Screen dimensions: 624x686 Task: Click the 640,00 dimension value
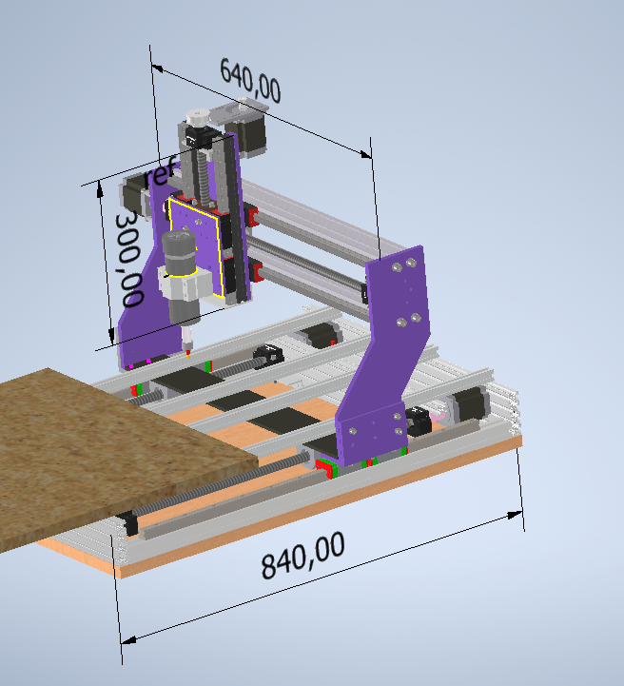[x=249, y=81]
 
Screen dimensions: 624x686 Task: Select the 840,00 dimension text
[x=302, y=555]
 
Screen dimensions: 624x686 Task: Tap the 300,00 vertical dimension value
[x=129, y=259]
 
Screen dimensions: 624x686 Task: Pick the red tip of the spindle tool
[x=188, y=354]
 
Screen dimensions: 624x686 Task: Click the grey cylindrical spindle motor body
[x=179, y=253]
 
